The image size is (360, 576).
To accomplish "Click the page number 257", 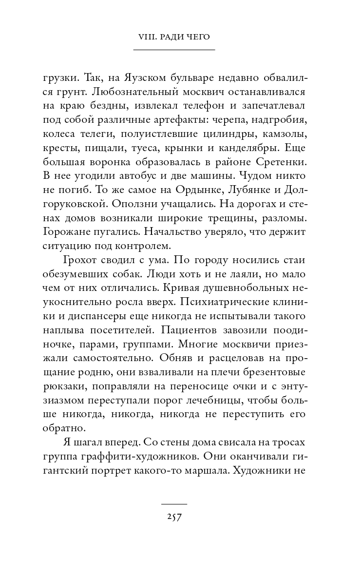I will coord(174,517).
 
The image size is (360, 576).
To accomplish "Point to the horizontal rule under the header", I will coord(174,50).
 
